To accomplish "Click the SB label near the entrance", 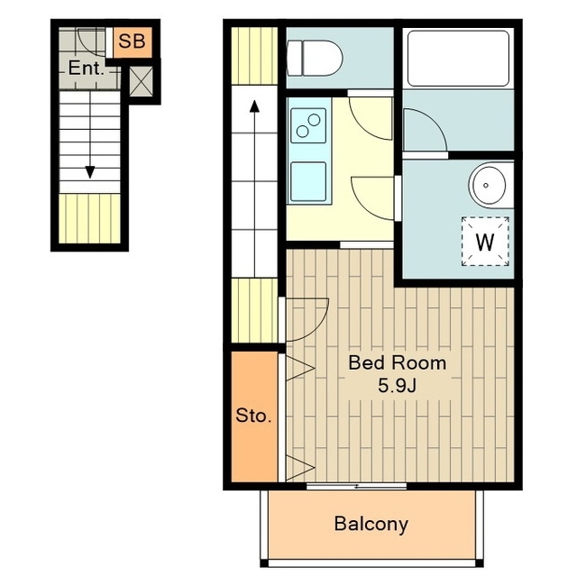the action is click(x=132, y=41).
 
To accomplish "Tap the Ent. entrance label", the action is click(x=87, y=69).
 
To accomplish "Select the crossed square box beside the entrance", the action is click(x=142, y=81).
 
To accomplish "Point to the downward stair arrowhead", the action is click(x=90, y=172).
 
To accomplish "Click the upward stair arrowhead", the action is click(x=254, y=106).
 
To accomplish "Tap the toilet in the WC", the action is click(x=315, y=58).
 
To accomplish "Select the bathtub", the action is click(x=458, y=59).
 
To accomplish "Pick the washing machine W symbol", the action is click(x=485, y=242).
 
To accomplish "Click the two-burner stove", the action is click(x=308, y=125).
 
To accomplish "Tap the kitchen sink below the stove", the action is click(x=308, y=182).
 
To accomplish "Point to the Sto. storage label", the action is click(x=253, y=416).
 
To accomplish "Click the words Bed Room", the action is click(x=398, y=362).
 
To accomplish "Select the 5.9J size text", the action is click(x=398, y=386).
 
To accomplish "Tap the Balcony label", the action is click(x=371, y=524).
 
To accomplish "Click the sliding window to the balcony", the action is click(x=357, y=487).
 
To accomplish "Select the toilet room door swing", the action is click(x=371, y=118).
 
